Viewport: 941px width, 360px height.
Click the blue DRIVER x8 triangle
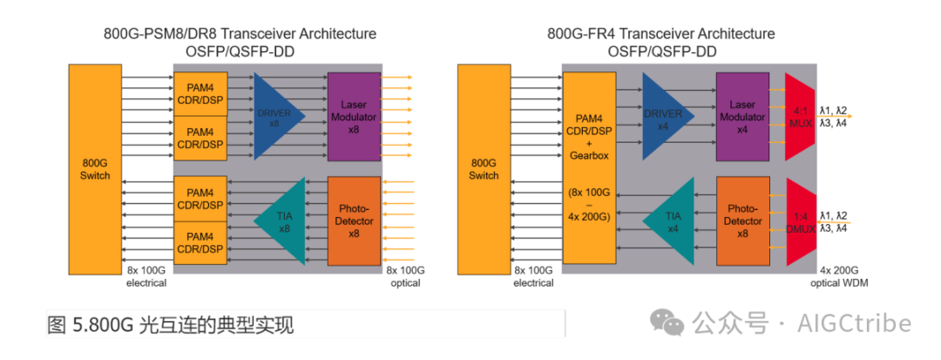[x=276, y=116]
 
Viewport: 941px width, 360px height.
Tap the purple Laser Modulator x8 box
[x=354, y=117]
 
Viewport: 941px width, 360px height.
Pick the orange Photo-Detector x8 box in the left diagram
[x=354, y=221]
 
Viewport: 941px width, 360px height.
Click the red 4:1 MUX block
[x=800, y=117]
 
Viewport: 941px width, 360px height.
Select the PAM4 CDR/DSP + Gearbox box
[x=589, y=168]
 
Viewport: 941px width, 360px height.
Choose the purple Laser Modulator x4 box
[x=742, y=117]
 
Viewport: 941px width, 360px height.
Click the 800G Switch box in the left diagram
[x=95, y=169]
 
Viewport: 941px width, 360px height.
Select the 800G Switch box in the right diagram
[x=484, y=169]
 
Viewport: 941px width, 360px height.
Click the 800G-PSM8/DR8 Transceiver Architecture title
[x=240, y=34]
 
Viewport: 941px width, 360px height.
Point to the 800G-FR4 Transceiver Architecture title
[x=660, y=34]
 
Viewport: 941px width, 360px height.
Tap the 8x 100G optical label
[x=403, y=276]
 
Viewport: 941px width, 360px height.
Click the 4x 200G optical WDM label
[x=837, y=276]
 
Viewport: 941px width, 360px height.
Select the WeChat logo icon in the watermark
[x=668, y=324]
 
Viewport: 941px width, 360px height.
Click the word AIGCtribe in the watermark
[x=855, y=324]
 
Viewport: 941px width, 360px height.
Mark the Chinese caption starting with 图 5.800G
[x=171, y=326]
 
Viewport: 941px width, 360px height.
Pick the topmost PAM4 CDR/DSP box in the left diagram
[x=200, y=94]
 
